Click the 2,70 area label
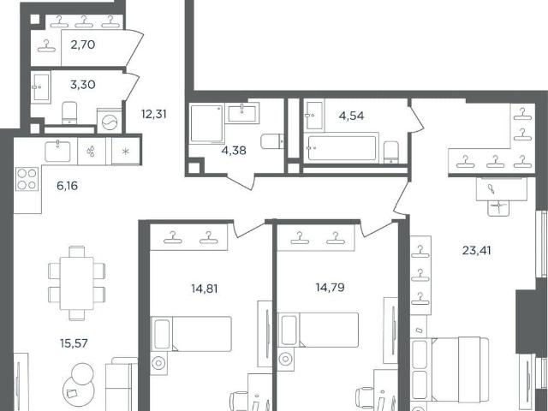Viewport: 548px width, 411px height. coord(83,45)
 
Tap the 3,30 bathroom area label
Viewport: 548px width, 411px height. coord(83,85)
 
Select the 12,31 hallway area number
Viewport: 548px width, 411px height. coord(154,114)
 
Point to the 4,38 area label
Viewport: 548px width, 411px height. coord(234,151)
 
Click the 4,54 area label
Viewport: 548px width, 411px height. coord(352,116)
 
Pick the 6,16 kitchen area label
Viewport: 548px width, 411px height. coord(67,186)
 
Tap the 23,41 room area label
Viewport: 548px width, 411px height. coord(477,250)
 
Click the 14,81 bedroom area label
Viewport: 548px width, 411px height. coord(205,289)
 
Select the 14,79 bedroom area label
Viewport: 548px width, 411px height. coord(331,288)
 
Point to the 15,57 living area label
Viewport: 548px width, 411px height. coord(74,343)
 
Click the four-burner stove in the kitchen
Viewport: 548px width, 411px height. coord(27,179)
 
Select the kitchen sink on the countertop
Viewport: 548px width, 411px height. coord(57,151)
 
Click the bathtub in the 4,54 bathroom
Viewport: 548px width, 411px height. coord(342,148)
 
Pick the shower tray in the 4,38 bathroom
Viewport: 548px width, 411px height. coord(207,123)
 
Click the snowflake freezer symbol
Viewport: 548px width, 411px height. coord(126,151)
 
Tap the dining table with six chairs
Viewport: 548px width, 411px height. coord(77,283)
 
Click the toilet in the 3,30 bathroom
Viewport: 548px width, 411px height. coord(69,112)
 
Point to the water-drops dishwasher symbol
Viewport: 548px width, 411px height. coord(92,151)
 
